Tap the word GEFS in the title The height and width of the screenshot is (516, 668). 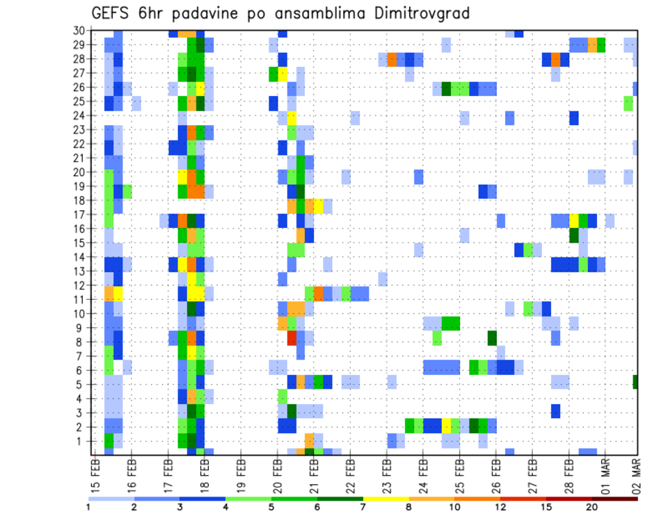112,14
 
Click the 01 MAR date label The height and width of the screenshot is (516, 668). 605,475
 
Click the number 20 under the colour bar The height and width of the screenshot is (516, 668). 591,507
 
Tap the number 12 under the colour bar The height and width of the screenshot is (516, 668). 500,507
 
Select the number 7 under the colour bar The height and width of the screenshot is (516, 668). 363,507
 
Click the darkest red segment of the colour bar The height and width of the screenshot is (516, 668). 614,497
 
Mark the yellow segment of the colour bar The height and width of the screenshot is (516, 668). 386,497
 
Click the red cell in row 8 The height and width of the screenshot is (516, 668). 292,338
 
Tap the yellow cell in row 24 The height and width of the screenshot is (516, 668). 292,115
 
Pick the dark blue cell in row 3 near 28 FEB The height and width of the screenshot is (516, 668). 555,410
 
